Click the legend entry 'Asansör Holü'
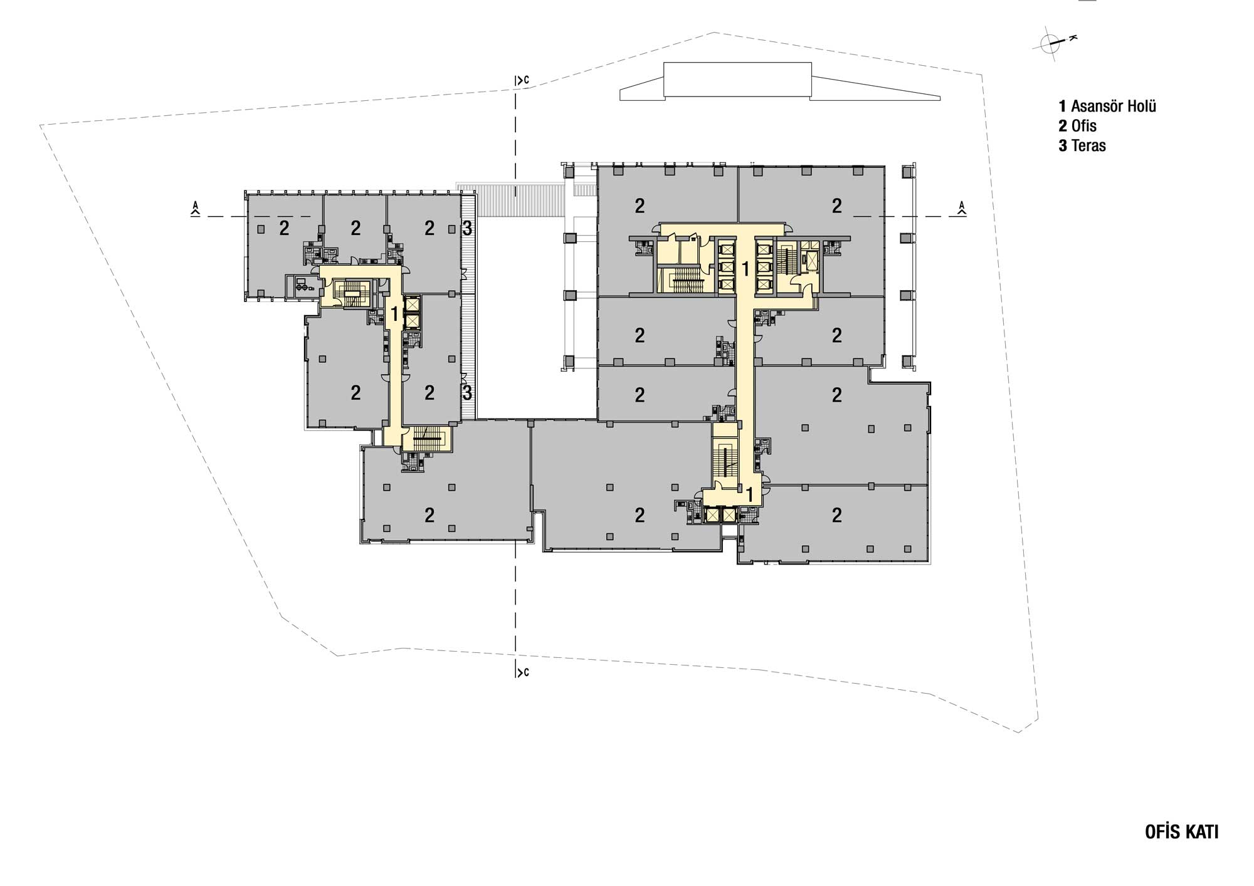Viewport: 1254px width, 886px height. tap(1107, 106)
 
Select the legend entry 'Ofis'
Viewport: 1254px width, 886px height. tap(1078, 126)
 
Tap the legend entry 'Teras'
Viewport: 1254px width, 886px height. tap(1082, 146)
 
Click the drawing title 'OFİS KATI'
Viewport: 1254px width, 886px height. tap(1181, 832)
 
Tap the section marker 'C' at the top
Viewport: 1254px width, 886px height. tap(522, 80)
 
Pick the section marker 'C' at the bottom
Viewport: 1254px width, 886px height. tap(522, 672)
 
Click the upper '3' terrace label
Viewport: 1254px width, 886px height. tap(467, 229)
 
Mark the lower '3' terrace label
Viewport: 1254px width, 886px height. tap(467, 393)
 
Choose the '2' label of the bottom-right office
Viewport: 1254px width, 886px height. tap(836, 516)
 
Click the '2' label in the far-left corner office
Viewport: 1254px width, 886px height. tap(284, 229)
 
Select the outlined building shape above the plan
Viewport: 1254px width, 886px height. tap(780, 81)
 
